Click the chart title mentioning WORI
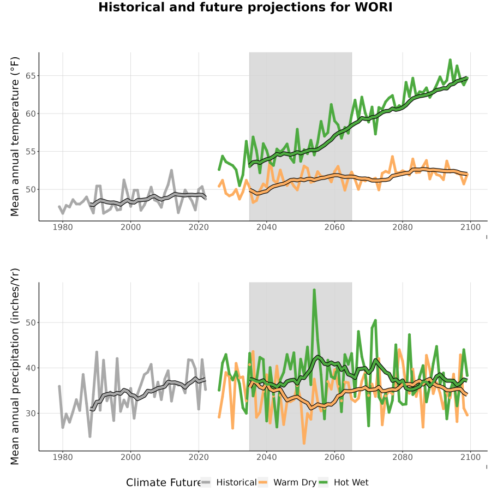coord(245,7)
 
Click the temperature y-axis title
coord(14,136)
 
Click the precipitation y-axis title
coord(14,367)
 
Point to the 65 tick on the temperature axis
coord(31,76)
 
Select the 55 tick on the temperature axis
coord(31,152)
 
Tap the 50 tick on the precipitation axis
coord(31,322)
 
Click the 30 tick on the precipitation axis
coord(31,414)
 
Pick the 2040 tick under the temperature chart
coord(266,227)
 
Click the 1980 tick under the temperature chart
coord(63,227)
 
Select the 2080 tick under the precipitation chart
coord(403,457)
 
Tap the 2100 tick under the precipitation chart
coord(470,457)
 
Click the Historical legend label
coord(236,483)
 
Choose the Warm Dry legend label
coord(295,483)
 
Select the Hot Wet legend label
coord(351,483)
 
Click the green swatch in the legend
coord(323,483)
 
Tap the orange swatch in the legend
coord(263,483)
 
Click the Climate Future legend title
coord(163,483)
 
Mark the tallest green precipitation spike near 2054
coord(314,290)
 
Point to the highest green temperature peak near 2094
coord(450,59)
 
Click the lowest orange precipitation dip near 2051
coord(304,444)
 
